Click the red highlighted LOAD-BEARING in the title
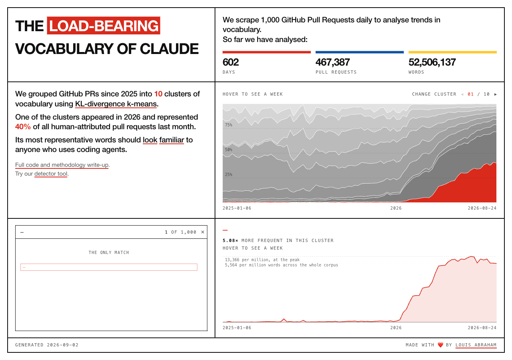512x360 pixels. tap(104, 26)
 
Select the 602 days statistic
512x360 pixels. tap(231, 62)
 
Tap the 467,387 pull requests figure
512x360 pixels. tap(332, 62)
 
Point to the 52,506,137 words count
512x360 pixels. tap(432, 62)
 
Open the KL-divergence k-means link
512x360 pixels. tap(116, 104)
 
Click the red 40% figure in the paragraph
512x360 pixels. tap(23, 127)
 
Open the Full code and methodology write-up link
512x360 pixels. tap(62, 165)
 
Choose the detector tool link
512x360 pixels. tap(51, 174)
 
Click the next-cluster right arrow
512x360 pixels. tap(495, 94)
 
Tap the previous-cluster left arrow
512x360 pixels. tap(462, 94)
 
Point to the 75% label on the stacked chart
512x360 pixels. tap(228, 125)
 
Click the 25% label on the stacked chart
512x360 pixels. tap(228, 175)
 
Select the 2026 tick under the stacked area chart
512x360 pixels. tap(396, 208)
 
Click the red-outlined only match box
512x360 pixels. tap(109, 267)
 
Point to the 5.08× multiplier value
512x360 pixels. tap(230, 240)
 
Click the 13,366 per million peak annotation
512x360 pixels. tap(262, 260)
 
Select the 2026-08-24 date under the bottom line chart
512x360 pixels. tap(482, 328)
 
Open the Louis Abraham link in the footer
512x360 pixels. tap(476, 345)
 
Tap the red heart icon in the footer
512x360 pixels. tap(440, 345)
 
